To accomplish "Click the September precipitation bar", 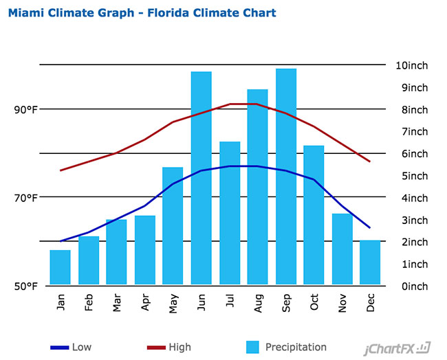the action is tap(286, 177).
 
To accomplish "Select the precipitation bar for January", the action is tap(60, 267).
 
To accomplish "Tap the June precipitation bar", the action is tap(201, 178).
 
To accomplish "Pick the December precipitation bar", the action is tap(370, 262).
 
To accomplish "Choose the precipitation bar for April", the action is tap(145, 250).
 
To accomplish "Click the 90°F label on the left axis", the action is tap(26, 110).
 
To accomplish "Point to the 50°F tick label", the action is tap(26, 286).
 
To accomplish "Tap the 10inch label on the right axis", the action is tap(412, 65).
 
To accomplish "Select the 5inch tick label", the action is tap(415, 176).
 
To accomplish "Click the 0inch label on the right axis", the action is tap(415, 286).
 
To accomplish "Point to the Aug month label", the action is tap(258, 304).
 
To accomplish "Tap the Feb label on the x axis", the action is tap(89, 302).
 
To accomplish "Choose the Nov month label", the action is tap(342, 304).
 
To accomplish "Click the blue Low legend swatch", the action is tap(60, 348).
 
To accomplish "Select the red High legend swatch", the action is tap(156, 348).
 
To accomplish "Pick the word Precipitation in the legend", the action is tap(296, 347).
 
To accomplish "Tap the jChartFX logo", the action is tap(397, 348).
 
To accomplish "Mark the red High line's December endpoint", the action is tap(370, 161).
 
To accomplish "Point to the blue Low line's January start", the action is tap(61, 241).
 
